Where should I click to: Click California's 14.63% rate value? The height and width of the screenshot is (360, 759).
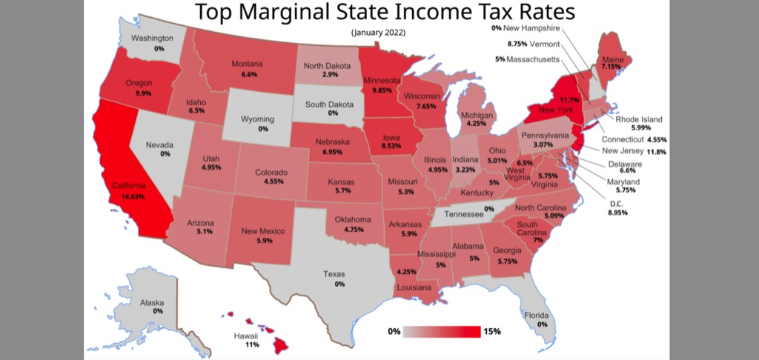[x=128, y=197]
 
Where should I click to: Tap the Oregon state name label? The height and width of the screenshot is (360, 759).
[x=139, y=83]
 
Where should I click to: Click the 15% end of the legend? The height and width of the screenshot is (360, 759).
[x=491, y=331]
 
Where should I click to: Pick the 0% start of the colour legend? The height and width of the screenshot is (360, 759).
[x=394, y=331]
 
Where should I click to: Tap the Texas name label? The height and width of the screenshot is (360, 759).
[x=334, y=274]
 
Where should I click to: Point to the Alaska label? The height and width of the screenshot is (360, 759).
[x=152, y=302]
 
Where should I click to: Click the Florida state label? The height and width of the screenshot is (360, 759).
[x=537, y=315]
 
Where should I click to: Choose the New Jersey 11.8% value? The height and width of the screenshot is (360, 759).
[x=656, y=151]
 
